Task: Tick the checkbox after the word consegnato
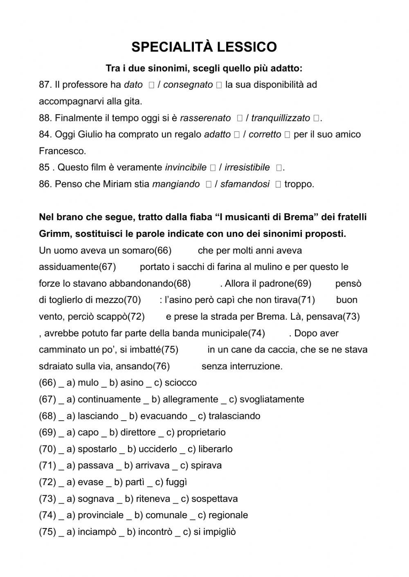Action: [218, 85]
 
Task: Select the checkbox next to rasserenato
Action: [240, 118]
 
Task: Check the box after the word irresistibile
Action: [279, 168]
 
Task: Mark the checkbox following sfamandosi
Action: [278, 185]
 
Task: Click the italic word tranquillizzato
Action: [281, 118]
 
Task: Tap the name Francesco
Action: [63, 151]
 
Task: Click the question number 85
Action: [45, 168]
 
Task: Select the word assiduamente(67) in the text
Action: [77, 267]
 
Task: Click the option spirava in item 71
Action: [206, 466]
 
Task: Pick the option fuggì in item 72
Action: [176, 482]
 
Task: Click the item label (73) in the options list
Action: [47, 499]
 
